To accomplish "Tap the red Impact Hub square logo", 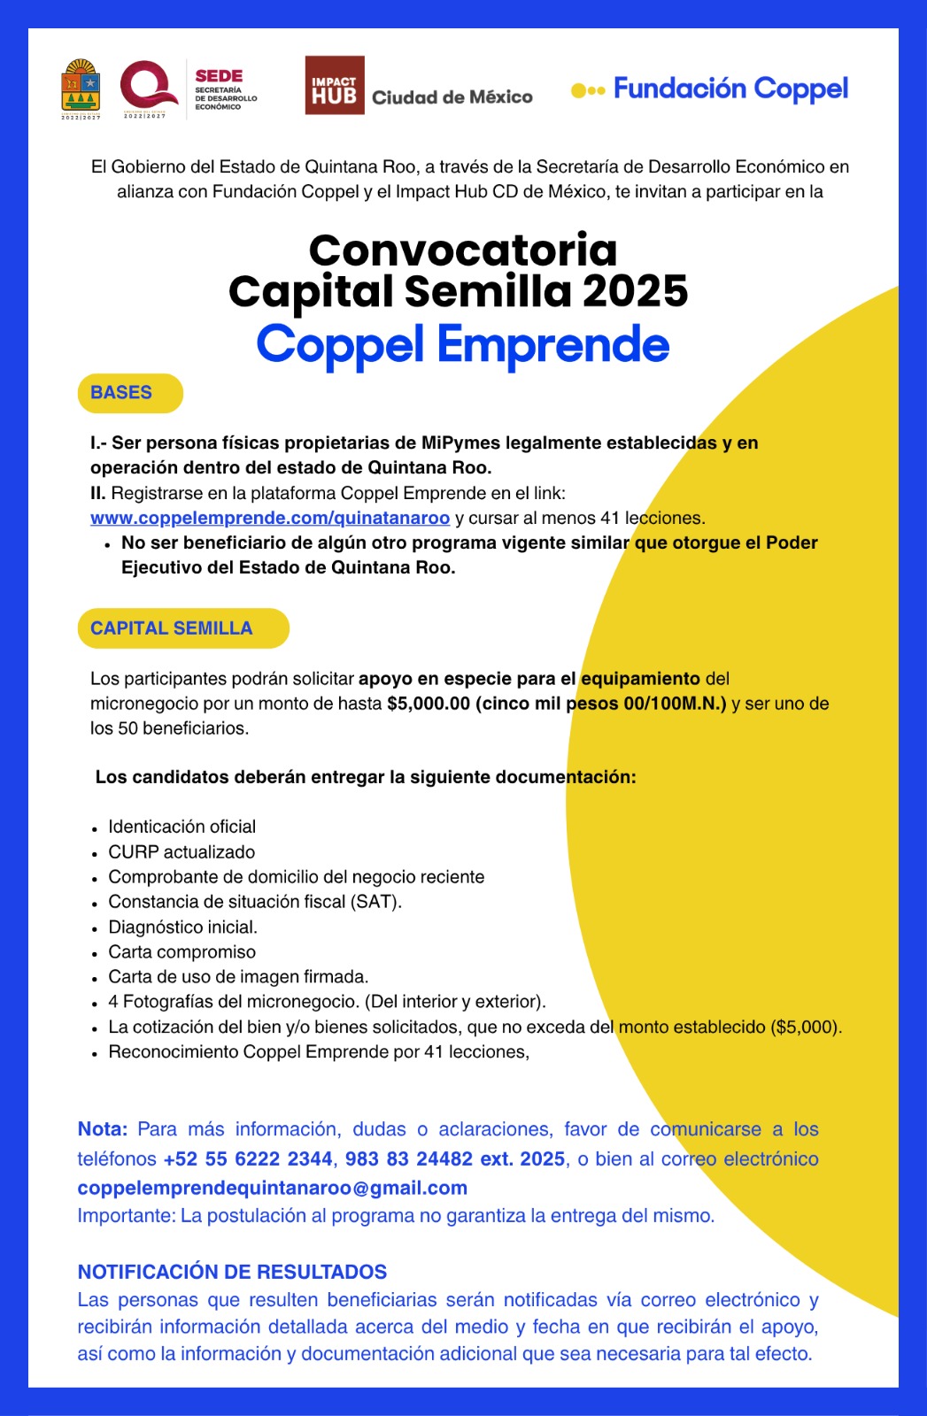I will coord(334,86).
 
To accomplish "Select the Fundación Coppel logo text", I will coord(730,88).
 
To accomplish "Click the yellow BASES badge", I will coord(130,393).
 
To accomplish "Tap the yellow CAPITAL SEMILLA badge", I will coord(182,628).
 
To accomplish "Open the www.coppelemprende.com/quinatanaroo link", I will coord(270,518).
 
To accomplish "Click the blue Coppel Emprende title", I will coord(462,345).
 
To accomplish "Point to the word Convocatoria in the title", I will coord(462,250).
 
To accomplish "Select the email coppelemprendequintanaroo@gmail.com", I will coord(272,1188).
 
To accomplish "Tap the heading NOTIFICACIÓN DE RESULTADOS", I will coord(232,1272).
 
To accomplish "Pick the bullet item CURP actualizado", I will coord(182,852).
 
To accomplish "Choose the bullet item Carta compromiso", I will coord(182,952).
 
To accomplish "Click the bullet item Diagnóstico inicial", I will coord(182,927).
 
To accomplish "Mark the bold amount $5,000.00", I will coord(429,704).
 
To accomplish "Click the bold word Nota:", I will coord(102,1129).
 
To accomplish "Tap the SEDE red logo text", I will coord(219,76).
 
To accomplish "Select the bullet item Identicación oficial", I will coord(182,827).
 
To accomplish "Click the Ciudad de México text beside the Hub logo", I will coord(452,97).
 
